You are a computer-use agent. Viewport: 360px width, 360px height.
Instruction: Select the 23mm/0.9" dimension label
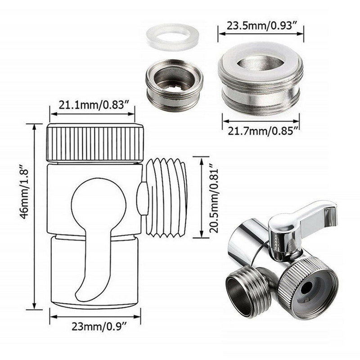pos(95,327)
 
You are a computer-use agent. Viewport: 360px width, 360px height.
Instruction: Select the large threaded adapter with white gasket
pos(261,81)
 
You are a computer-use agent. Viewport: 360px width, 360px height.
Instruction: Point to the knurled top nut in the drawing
pos(95,142)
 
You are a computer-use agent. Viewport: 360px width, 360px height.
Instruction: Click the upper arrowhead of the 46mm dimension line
pos(34,126)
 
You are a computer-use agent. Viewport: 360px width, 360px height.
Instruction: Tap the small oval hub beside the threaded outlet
pos(142,198)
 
